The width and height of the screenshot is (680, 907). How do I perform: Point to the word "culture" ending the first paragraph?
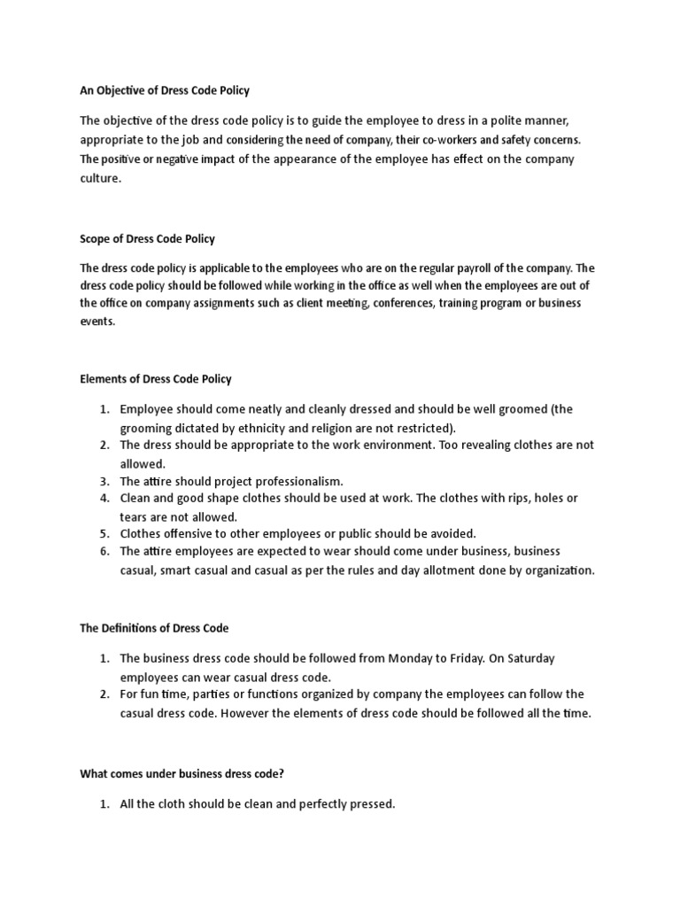[100, 178]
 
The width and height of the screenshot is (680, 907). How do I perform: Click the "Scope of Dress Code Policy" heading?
[148, 239]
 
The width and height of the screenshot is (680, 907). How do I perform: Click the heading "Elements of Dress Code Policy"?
[156, 379]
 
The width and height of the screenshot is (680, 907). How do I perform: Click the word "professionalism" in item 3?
[297, 481]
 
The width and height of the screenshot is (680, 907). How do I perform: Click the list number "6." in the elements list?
[104, 551]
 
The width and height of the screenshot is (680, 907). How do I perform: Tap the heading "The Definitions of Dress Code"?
[154, 628]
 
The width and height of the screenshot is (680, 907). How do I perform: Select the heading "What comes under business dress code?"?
[182, 773]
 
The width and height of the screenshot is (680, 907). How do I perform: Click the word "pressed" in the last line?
[368, 804]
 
